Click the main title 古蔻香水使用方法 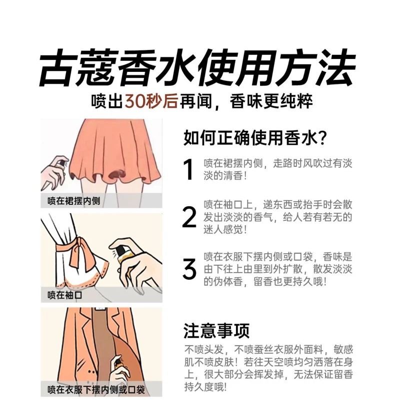click(x=197, y=68)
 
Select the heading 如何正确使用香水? click(x=255, y=138)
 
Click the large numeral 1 click(x=188, y=169)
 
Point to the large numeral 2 click(x=189, y=217)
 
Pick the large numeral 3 click(x=189, y=269)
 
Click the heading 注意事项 click(x=216, y=331)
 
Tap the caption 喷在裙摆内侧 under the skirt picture click(x=73, y=201)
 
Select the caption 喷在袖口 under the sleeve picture click(x=64, y=295)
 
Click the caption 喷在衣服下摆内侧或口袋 click(x=96, y=390)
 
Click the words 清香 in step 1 click(x=233, y=175)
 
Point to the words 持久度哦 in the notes click(x=206, y=387)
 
